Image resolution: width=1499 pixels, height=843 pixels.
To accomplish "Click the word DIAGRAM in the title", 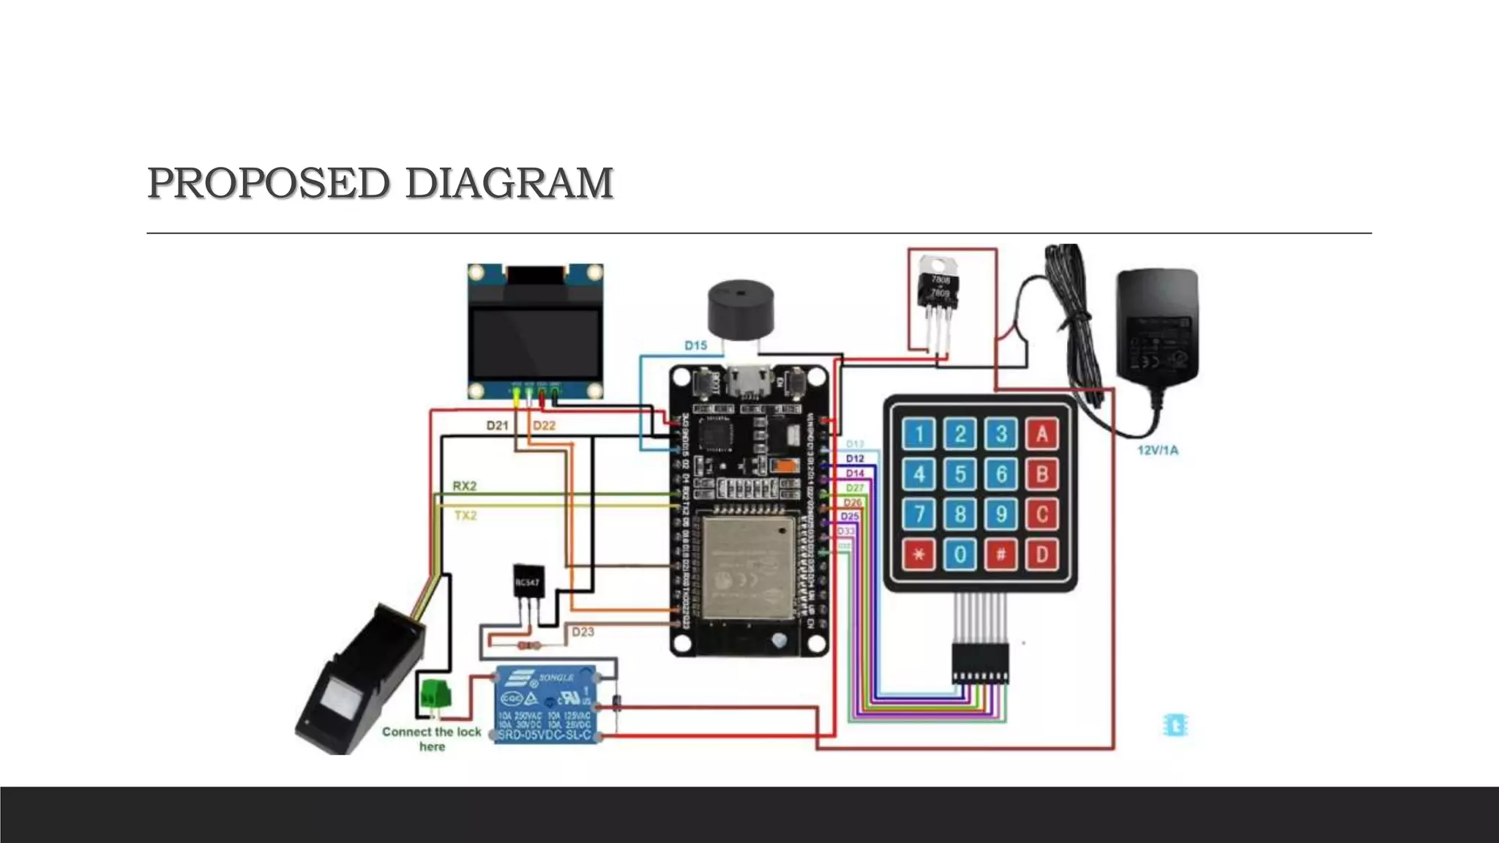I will [509, 183].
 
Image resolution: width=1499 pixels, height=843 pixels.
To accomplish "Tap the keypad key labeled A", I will [1041, 434].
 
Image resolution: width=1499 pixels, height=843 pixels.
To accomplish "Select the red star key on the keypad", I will [919, 555].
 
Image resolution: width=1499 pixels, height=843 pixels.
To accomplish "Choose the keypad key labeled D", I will [1041, 555].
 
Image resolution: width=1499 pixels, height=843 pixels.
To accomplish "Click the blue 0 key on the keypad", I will [960, 555].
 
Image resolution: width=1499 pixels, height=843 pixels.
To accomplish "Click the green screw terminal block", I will [434, 694].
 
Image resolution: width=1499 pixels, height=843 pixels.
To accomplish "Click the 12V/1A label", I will [1158, 450].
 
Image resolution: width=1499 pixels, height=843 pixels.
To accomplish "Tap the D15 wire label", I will [695, 345].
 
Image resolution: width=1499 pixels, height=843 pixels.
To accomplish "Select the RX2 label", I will [465, 486].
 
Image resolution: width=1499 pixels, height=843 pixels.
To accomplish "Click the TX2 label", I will [466, 516].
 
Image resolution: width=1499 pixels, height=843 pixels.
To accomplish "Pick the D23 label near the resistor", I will [583, 632].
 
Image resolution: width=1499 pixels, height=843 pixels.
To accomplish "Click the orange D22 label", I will [544, 425].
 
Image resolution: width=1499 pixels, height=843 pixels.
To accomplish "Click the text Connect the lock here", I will [432, 738].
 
